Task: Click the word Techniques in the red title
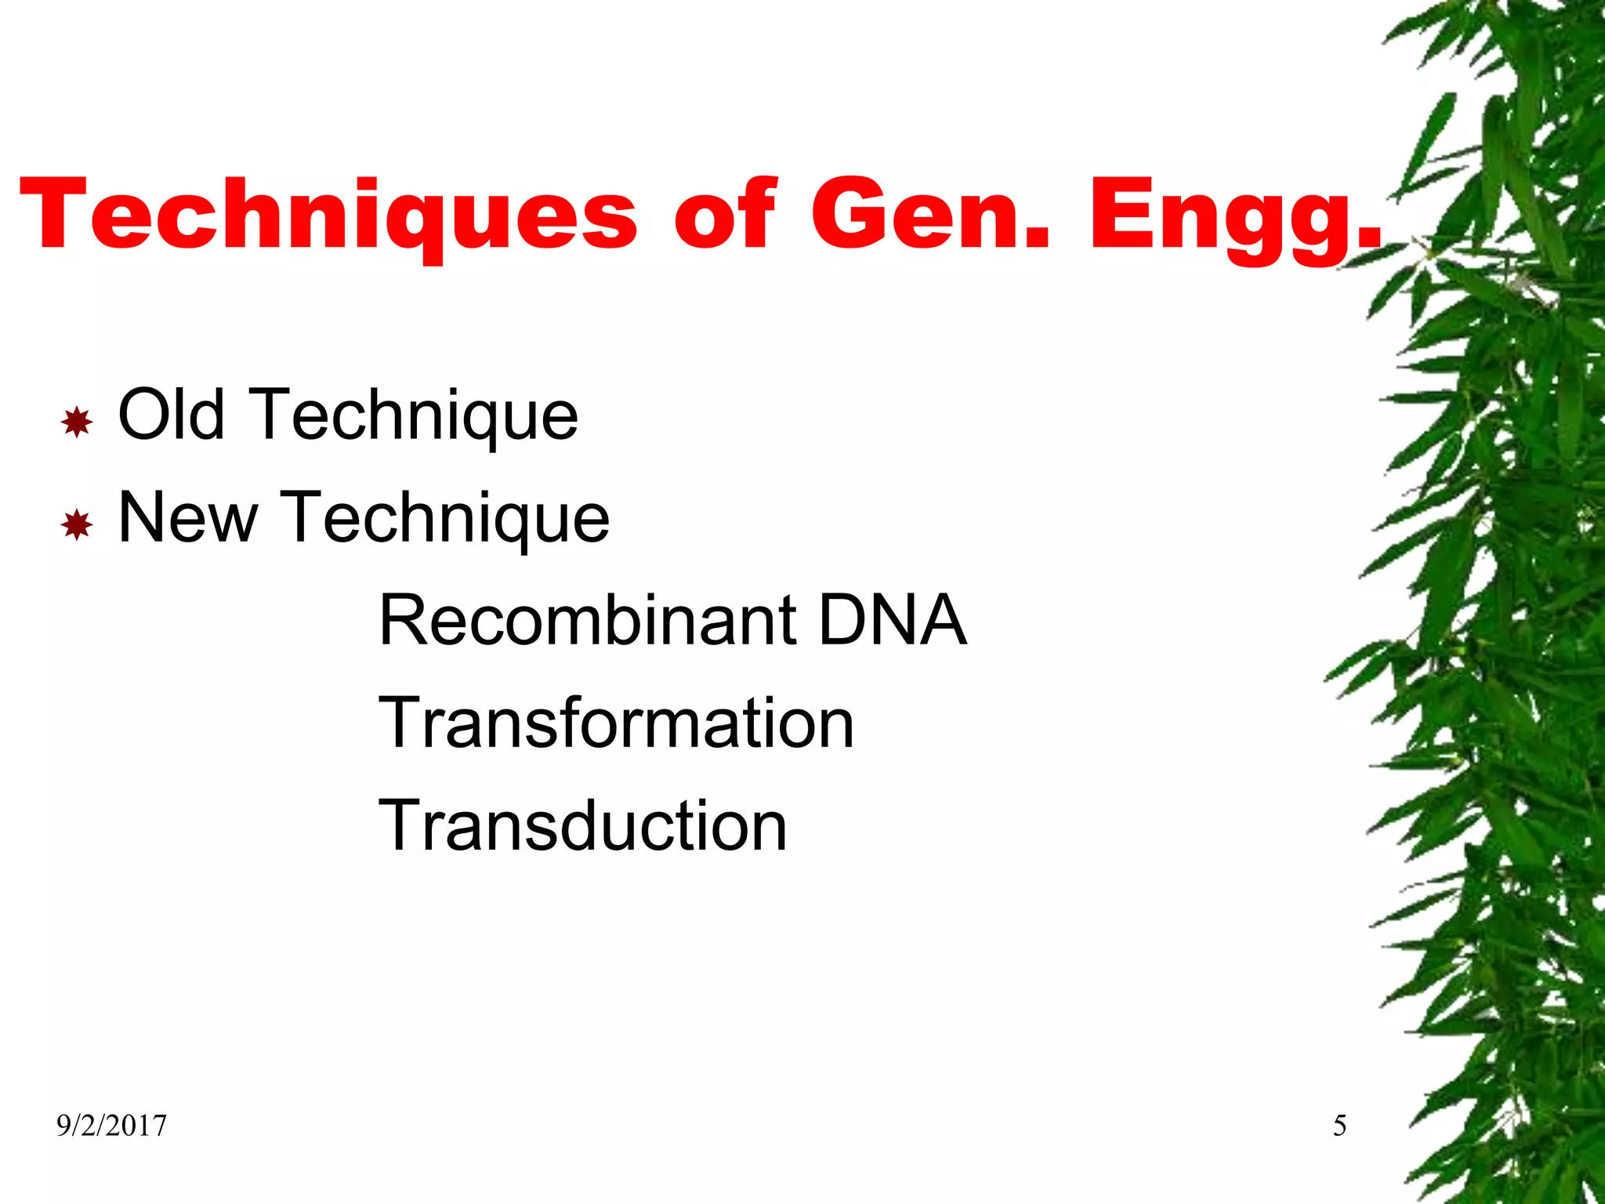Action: pyautogui.click(x=329, y=215)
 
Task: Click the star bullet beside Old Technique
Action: pyautogui.click(x=77, y=422)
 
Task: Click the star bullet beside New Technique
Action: pyautogui.click(x=77, y=524)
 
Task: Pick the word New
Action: pyautogui.click(x=188, y=517)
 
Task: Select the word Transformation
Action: pyautogui.click(x=616, y=723)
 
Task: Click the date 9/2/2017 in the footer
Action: pyautogui.click(x=111, y=1126)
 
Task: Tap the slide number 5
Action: pyautogui.click(x=1339, y=1126)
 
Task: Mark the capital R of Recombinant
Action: pyautogui.click(x=404, y=620)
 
